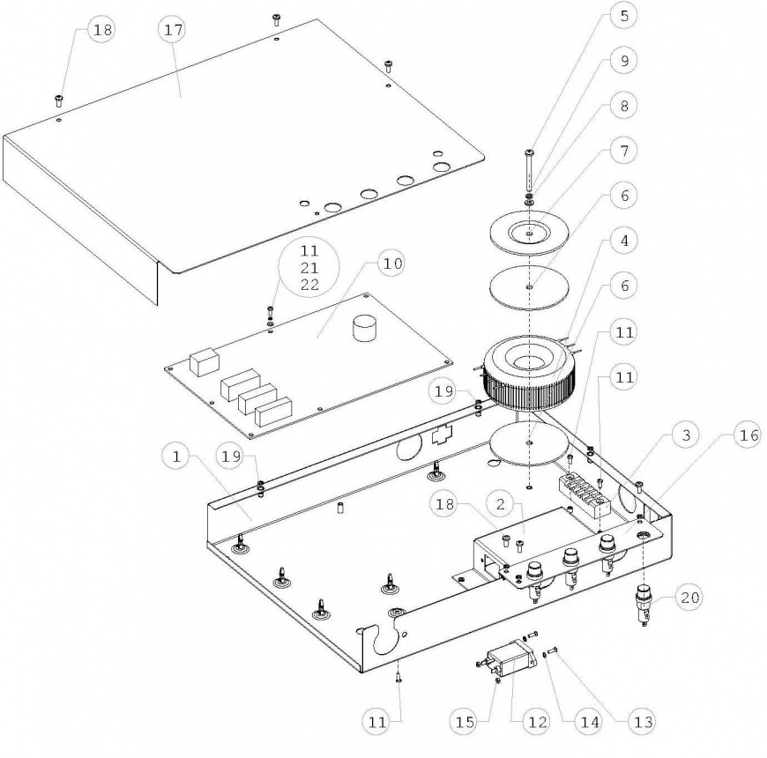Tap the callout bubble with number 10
[x=390, y=263]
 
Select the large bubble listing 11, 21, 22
[x=296, y=267]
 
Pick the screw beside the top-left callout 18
[x=60, y=98]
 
